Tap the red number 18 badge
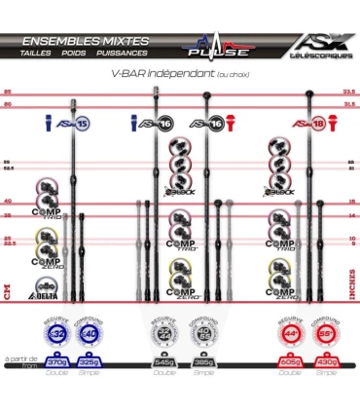291,124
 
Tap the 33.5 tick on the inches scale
349,94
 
